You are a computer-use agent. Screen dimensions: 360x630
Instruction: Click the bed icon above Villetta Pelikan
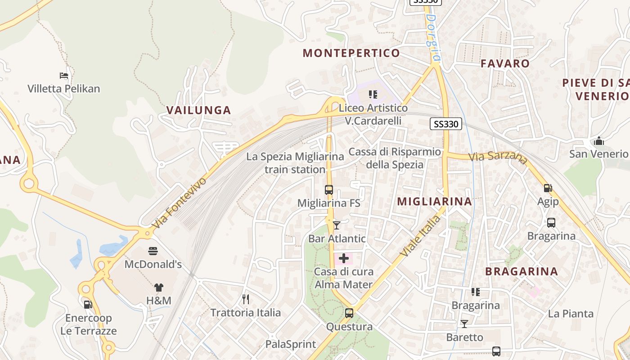[64, 75]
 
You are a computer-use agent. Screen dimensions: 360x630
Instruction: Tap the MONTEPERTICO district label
[351, 53]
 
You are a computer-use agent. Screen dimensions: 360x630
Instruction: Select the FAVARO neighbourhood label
[505, 63]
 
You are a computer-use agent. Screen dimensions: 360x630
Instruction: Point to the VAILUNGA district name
[198, 110]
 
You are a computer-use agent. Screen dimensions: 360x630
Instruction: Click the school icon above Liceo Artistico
[373, 94]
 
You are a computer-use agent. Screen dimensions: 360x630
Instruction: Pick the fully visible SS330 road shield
[446, 124]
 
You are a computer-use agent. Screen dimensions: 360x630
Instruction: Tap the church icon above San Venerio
[598, 141]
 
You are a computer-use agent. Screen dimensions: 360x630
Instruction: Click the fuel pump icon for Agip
[548, 188]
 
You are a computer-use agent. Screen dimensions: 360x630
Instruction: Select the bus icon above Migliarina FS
[329, 190]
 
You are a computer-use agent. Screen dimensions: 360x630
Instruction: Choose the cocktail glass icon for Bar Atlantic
[337, 225]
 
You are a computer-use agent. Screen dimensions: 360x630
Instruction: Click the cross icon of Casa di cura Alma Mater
[344, 258]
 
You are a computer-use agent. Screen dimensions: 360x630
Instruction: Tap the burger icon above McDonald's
[153, 251]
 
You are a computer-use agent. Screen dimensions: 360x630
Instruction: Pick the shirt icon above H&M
[158, 287]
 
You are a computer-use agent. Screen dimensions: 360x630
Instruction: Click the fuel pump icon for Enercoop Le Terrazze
[88, 305]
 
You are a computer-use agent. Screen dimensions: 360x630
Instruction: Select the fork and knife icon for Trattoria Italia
[246, 299]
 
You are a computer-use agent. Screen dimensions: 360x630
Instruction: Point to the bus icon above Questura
[349, 313]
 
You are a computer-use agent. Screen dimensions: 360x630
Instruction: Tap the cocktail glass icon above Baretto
[464, 324]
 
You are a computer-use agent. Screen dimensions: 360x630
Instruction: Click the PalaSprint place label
[290, 345]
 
